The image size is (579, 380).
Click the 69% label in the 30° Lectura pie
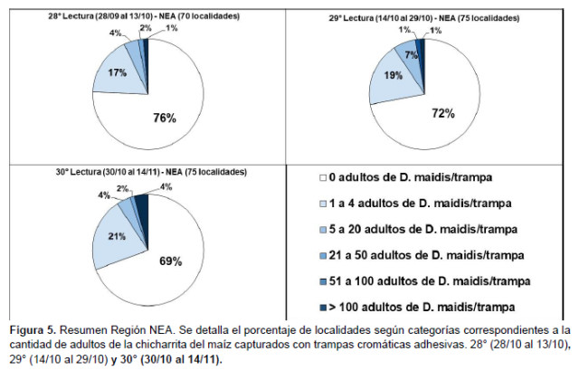click(171, 261)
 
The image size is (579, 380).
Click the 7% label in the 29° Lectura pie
click(411, 56)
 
